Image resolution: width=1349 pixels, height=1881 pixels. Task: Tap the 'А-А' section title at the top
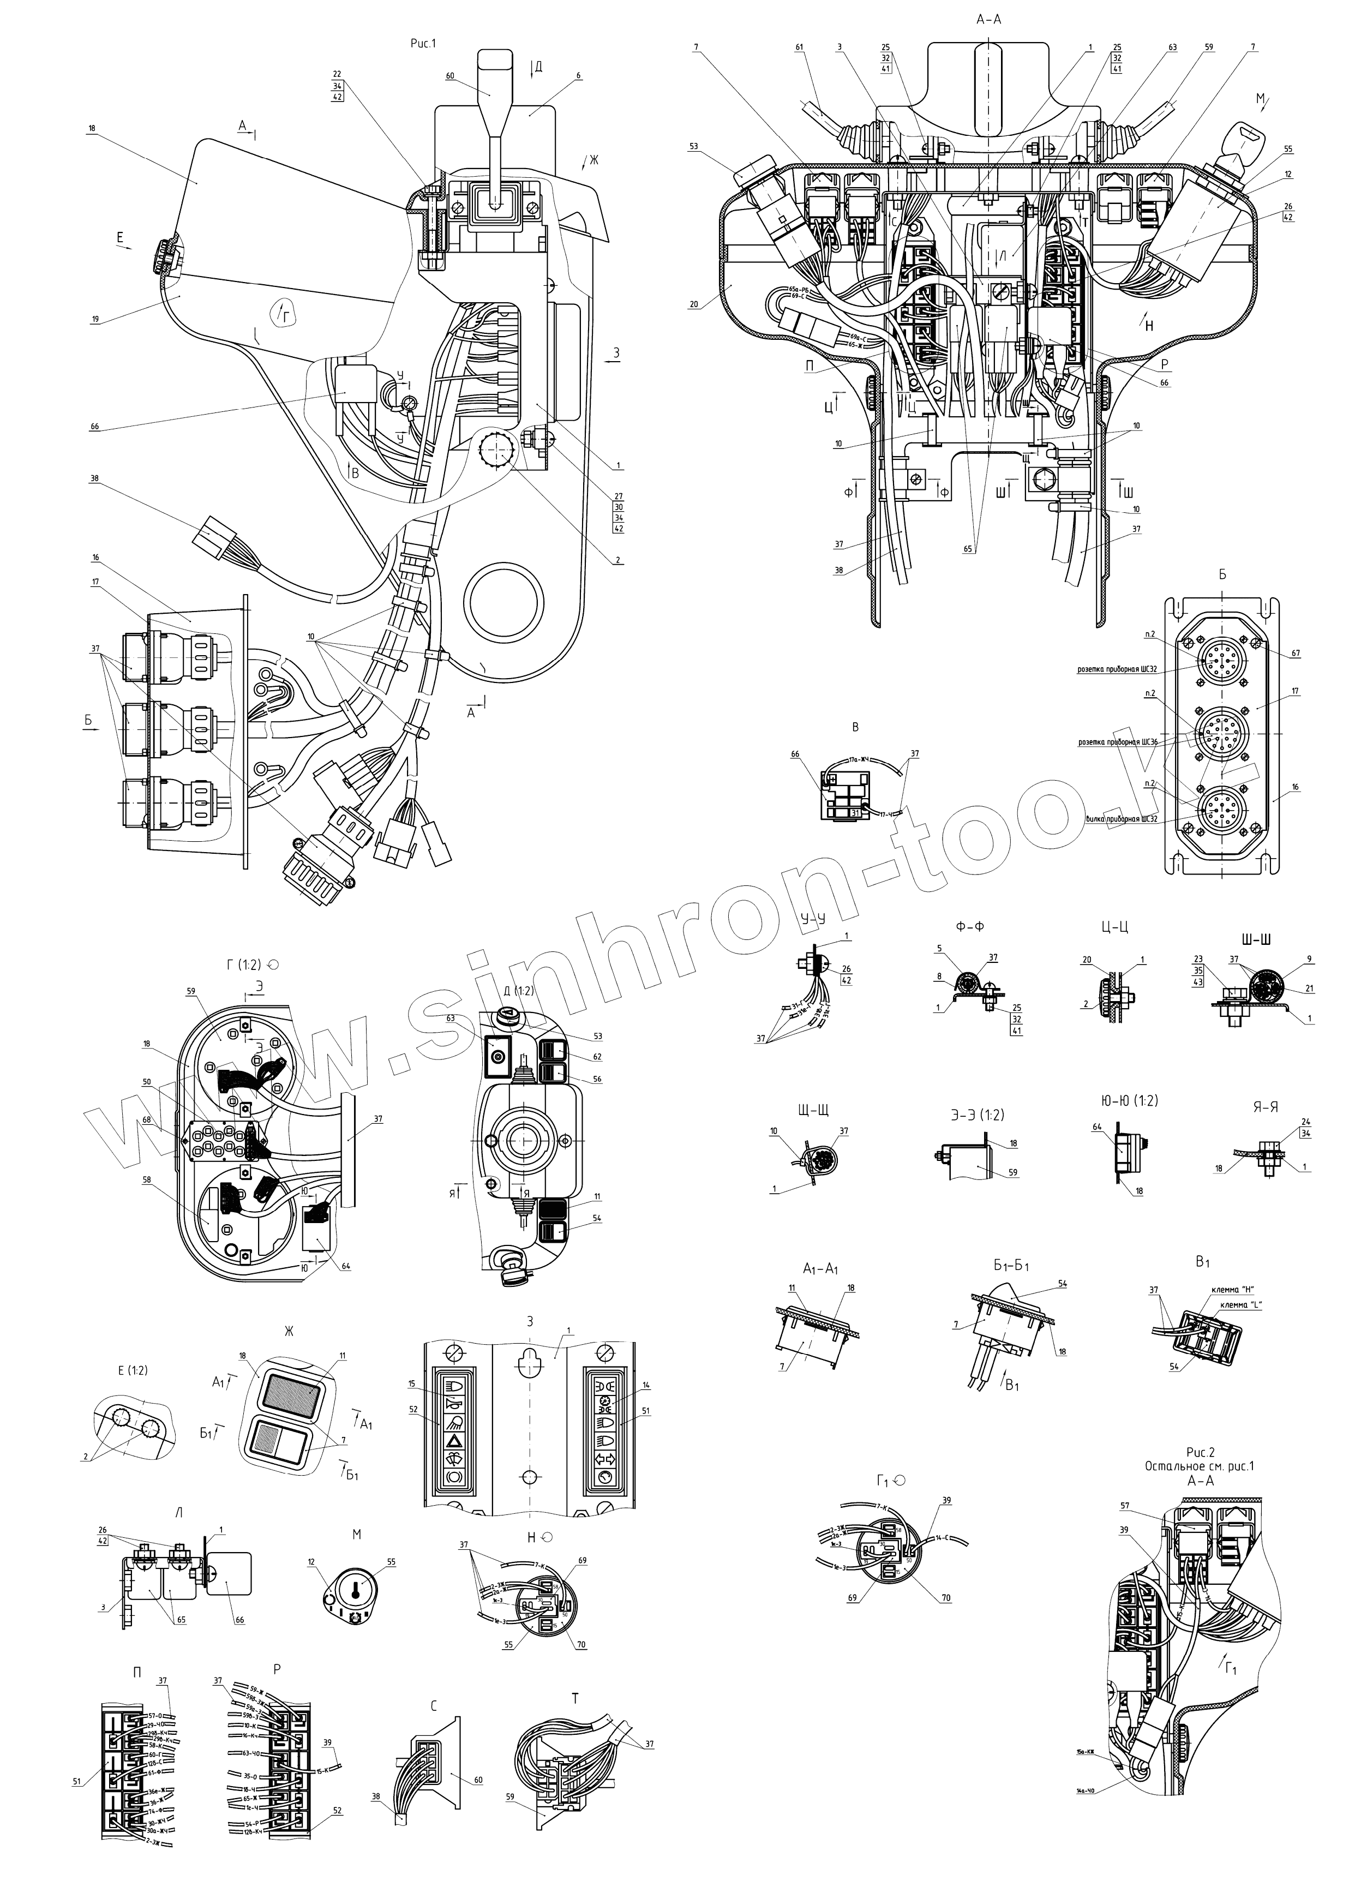(x=990, y=19)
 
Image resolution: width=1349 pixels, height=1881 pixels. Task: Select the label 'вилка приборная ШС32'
(x=1123, y=819)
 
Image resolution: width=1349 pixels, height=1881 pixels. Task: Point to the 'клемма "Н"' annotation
(x=1230, y=1289)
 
